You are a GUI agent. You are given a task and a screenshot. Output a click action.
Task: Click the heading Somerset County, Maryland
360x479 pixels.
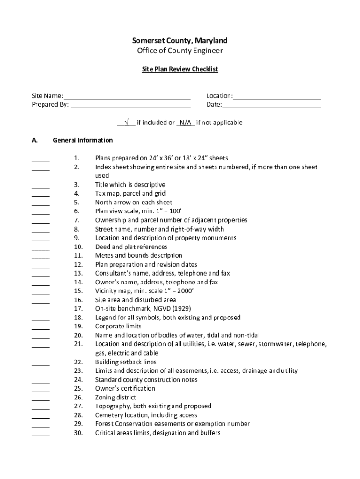coord(180,41)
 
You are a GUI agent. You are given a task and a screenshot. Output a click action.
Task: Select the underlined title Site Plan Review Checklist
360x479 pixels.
coord(180,69)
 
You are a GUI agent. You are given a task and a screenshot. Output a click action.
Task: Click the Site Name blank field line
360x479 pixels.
coord(127,98)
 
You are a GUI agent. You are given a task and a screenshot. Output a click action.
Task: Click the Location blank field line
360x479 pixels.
coord(277,98)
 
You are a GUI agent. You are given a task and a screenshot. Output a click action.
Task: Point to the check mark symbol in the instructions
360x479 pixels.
coord(126,123)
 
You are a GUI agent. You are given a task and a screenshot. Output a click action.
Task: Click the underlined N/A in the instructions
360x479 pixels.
coord(186,123)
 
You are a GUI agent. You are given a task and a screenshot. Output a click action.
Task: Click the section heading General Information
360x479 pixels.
coord(83,140)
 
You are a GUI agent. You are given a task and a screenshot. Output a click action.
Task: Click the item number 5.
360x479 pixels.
coord(76,203)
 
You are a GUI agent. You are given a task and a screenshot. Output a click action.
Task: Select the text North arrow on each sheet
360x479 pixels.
coord(134,203)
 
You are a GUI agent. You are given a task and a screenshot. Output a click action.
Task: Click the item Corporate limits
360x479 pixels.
coord(118,327)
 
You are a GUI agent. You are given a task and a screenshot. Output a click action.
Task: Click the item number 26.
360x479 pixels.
coord(78,398)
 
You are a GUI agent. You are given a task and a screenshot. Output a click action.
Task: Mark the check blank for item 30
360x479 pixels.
coord(41,435)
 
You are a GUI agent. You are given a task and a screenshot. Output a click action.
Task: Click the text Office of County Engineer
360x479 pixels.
coord(180,51)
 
